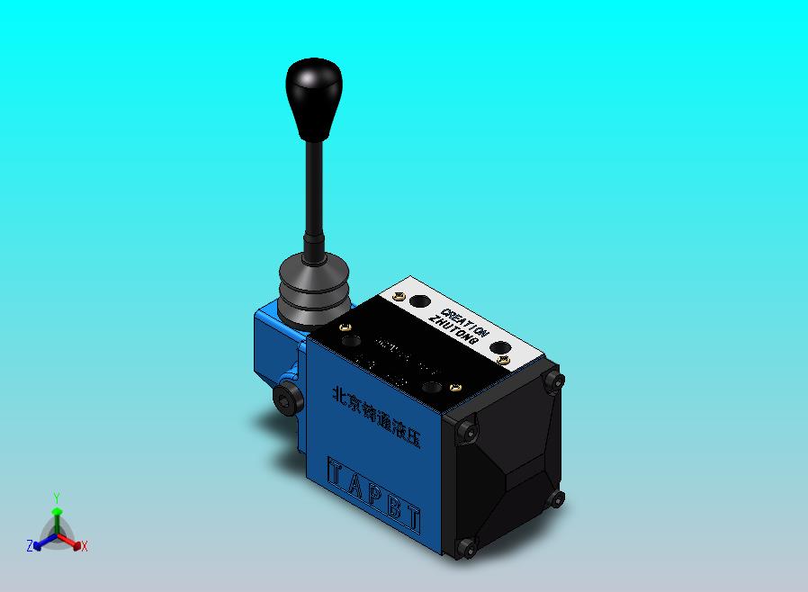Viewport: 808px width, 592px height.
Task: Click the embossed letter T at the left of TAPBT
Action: pyautogui.click(x=336, y=472)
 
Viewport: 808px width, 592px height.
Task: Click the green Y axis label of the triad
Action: pyautogui.click(x=57, y=498)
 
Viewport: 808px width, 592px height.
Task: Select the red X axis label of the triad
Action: pyautogui.click(x=84, y=546)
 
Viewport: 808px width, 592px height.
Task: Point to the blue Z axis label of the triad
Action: pyautogui.click(x=30, y=545)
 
